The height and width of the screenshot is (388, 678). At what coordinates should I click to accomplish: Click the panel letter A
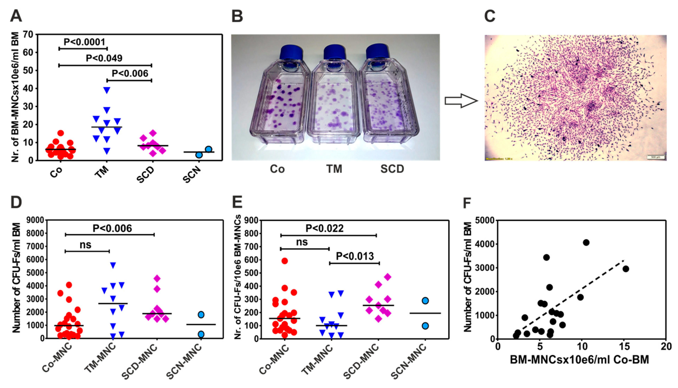(x=16, y=16)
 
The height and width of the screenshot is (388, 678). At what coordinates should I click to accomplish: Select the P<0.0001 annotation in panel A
(x=84, y=42)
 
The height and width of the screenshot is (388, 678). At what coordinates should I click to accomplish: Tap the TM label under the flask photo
(x=334, y=169)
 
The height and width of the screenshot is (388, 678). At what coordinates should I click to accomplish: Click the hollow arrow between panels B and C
(x=461, y=101)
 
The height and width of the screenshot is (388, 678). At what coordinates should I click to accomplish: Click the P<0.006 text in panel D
(x=112, y=228)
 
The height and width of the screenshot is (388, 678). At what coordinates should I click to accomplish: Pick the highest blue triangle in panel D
(x=113, y=265)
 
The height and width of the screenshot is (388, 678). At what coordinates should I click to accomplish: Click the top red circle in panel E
(x=285, y=261)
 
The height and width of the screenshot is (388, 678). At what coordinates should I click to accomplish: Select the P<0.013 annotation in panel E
(x=355, y=256)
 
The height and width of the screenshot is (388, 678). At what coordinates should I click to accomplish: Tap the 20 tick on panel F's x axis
(x=666, y=347)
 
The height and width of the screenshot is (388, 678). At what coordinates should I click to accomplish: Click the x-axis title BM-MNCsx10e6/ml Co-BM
(x=579, y=360)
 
